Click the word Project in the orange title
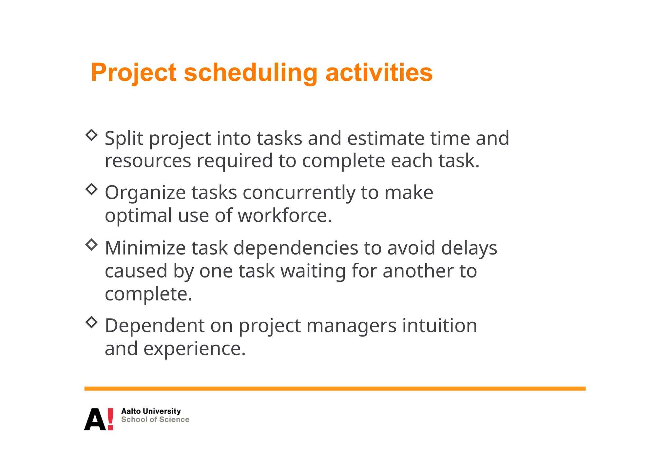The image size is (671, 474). [x=133, y=73]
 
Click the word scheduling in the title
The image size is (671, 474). [x=251, y=73]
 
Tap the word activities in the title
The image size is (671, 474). [x=379, y=73]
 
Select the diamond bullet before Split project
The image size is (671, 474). [x=92, y=135]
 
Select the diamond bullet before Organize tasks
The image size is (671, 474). [x=92, y=189]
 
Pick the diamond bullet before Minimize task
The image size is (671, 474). [x=92, y=244]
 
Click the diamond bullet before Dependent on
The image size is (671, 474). [x=92, y=322]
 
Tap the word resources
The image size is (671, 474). [x=148, y=161]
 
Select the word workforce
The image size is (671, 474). [x=284, y=216]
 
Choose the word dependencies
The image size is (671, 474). [x=296, y=248]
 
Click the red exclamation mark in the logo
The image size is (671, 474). [x=110, y=419]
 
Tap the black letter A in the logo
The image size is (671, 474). [x=95, y=419]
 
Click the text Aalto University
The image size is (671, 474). [x=151, y=411]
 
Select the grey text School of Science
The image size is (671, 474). [x=155, y=420]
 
